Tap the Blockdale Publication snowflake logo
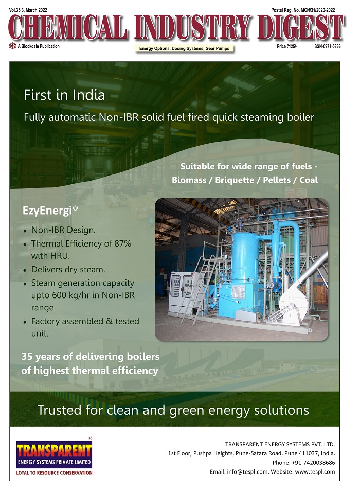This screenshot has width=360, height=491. (13, 46)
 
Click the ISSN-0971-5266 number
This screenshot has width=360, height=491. (327, 46)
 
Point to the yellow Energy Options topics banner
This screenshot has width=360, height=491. (185, 48)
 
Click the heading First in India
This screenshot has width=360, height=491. (64, 95)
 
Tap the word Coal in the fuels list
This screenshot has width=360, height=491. (309, 180)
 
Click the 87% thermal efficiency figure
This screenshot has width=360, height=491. (122, 243)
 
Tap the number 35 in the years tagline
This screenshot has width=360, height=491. (27, 356)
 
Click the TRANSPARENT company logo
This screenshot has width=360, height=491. (54, 457)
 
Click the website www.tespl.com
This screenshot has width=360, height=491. (315, 472)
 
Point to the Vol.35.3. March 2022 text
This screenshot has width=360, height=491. (28, 10)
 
